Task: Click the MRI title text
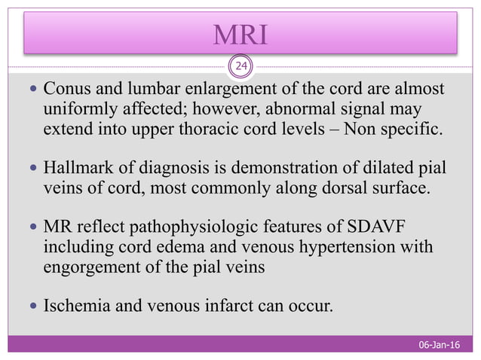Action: pyautogui.click(x=240, y=34)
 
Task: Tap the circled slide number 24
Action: pyautogui.click(x=240, y=68)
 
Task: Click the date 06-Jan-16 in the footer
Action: pyautogui.click(x=440, y=345)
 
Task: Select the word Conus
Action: pyautogui.click(x=64, y=91)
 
